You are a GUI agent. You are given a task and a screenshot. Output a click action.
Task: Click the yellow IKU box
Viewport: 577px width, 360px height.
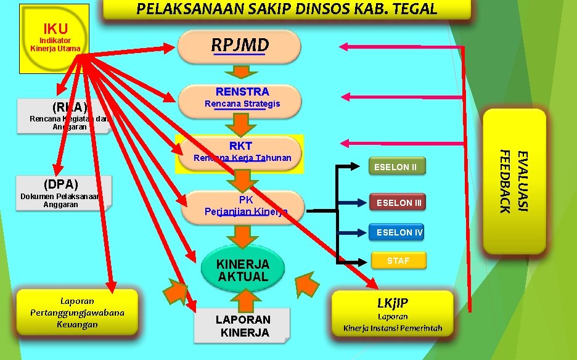tap(54, 38)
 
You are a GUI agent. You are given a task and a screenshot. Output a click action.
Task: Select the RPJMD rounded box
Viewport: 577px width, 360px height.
tap(239, 46)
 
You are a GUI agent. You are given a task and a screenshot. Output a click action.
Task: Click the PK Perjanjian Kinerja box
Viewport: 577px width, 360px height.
tap(245, 206)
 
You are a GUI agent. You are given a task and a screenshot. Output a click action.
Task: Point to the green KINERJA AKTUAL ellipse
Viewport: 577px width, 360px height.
tap(243, 269)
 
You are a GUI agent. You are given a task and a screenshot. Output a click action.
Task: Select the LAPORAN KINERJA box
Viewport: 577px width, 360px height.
tap(242, 325)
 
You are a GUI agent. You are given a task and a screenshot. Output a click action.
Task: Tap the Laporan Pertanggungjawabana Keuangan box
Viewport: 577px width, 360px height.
tap(78, 312)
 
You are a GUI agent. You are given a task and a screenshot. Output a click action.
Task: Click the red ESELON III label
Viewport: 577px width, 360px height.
tap(399, 202)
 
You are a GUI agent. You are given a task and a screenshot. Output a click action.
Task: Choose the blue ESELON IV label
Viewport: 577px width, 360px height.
tap(399, 232)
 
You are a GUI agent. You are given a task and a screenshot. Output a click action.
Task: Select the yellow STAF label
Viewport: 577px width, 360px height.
tap(398, 261)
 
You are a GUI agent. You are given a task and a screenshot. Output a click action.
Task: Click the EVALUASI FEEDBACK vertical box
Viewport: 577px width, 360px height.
tap(514, 181)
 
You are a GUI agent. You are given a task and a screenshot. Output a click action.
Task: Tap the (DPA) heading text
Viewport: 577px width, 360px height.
tap(61, 184)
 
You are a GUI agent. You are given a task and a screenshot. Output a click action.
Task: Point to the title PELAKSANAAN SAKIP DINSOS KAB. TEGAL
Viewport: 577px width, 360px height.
tap(286, 9)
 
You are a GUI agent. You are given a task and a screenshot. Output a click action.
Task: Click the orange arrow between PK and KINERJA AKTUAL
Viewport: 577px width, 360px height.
tap(244, 235)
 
